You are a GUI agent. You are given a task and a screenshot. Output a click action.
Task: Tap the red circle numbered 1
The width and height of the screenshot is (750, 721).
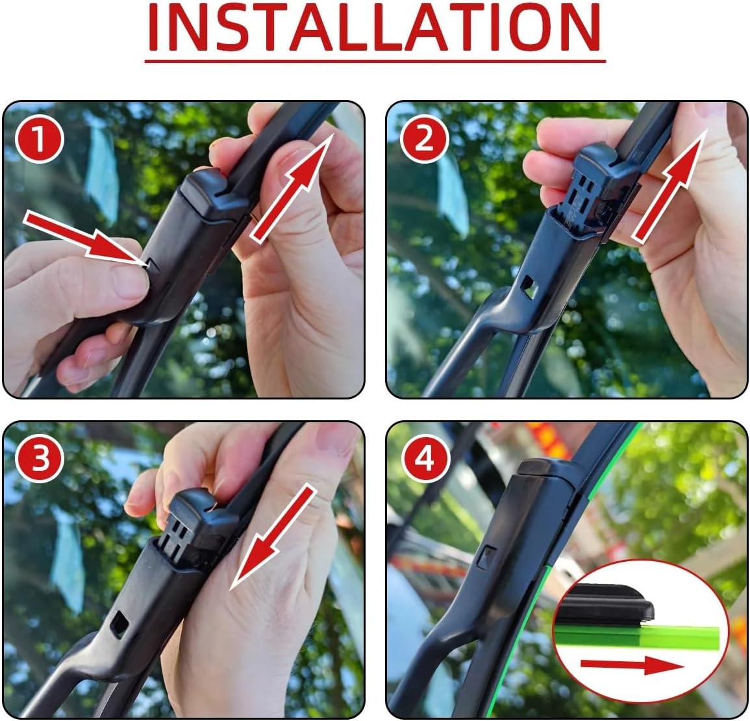coord(40,140)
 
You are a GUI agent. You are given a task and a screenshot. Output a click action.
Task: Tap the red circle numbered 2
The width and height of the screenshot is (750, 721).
coord(423,139)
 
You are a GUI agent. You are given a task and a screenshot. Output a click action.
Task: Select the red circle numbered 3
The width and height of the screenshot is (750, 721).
coord(40,460)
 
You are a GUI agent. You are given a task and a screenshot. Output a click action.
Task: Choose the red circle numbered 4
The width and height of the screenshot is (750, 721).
coord(423,460)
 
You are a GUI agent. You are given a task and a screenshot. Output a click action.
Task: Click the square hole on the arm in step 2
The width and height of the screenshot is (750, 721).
coord(530,286)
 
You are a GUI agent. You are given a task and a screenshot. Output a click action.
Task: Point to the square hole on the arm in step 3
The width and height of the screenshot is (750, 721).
coord(120,624)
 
